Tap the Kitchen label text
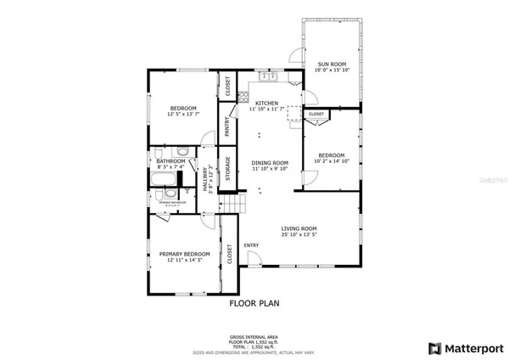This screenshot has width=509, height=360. [x=266, y=103]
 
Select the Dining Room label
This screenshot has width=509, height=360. [x=271, y=163]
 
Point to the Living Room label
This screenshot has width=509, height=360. [x=299, y=228]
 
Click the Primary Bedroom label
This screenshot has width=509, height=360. [x=183, y=254]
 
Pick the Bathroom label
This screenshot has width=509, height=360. [x=171, y=160]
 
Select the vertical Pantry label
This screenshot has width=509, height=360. [x=227, y=127]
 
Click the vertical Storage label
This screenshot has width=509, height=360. [x=227, y=169]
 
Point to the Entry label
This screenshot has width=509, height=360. [x=251, y=245]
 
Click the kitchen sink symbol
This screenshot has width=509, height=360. [x=269, y=78]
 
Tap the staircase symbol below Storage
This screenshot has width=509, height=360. [x=232, y=205]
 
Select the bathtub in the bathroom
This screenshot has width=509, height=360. [x=165, y=180]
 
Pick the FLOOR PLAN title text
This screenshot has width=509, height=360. [x=255, y=302]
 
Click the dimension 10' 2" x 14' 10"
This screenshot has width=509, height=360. [x=332, y=162]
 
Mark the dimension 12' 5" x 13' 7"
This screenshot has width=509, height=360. [x=183, y=115]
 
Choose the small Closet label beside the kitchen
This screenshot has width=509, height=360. [x=316, y=114]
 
